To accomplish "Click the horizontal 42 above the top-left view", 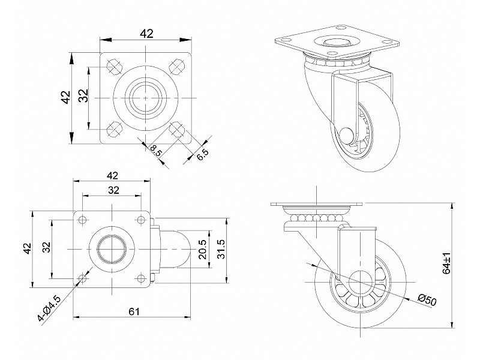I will tap(146, 34).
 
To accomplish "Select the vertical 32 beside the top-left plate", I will tap(84, 96).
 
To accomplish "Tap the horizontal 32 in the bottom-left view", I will tap(113, 190).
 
